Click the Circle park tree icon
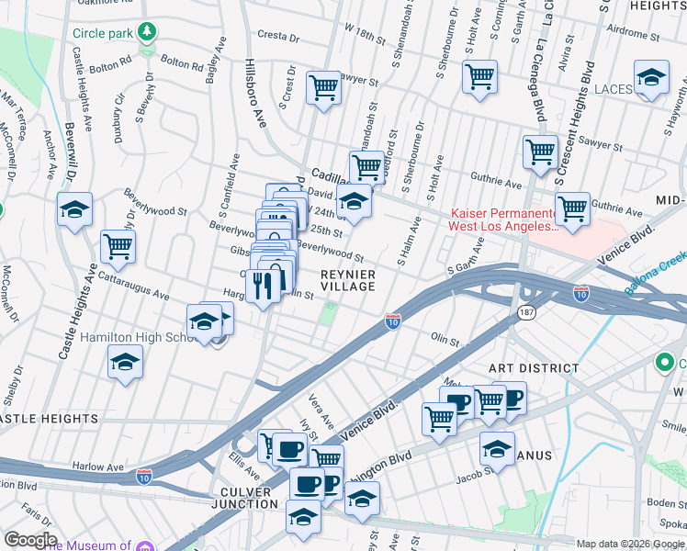[146, 33]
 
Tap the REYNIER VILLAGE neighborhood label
[348, 280]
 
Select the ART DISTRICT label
[534, 368]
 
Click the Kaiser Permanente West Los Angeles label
[501, 219]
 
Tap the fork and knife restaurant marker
[265, 286]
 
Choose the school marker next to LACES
[651, 79]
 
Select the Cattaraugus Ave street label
[134, 285]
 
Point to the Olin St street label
[445, 340]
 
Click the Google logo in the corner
[30, 540]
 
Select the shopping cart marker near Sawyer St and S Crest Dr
[323, 87]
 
